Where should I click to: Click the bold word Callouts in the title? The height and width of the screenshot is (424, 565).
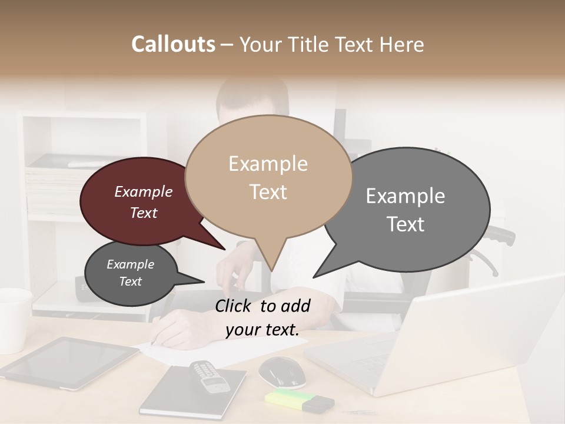point(173,44)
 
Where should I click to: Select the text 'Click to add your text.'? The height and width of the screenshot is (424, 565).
point(262,317)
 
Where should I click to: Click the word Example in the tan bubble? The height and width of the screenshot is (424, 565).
point(268,164)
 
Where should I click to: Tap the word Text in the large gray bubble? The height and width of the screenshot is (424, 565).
point(406,224)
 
